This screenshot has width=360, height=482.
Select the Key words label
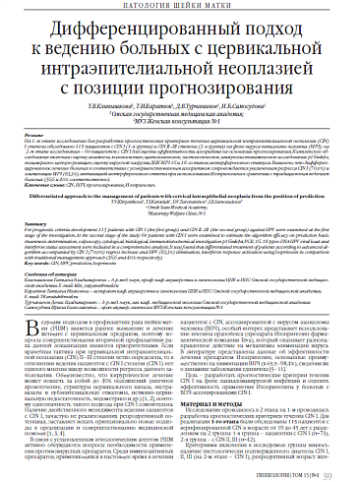(x=64, y=264)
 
